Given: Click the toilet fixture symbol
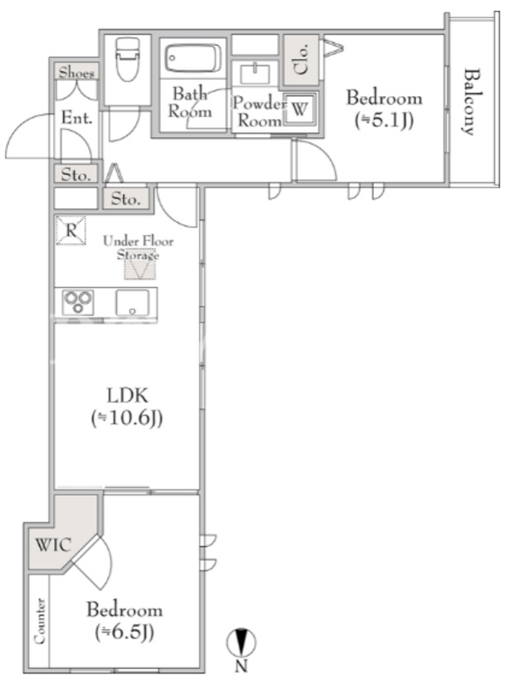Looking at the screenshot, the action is coord(127,59).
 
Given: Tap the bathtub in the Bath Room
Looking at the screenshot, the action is coord(193,59).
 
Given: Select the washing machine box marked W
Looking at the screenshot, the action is coord(299,109).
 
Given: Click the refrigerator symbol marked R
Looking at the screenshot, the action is coord(71,230).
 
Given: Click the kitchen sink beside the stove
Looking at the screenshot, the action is coord(132,302).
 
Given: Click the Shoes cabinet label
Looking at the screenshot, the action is coord(76,72).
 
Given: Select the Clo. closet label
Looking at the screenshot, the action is coord(301,59).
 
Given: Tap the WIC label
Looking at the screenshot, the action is coord(53,545).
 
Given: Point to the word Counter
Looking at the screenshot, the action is coord(39,621).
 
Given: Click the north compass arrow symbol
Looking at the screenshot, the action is coord(241,643).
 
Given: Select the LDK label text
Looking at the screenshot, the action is coord(127,396).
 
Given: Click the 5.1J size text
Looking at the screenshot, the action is coord(384,120).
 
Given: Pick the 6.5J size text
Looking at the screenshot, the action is coord(124,632).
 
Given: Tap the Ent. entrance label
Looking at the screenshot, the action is coord(76,117).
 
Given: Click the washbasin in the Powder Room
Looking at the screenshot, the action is coord(255,73).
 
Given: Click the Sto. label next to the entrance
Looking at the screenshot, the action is coord(76,175).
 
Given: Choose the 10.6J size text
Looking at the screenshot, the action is coord(127,418).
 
